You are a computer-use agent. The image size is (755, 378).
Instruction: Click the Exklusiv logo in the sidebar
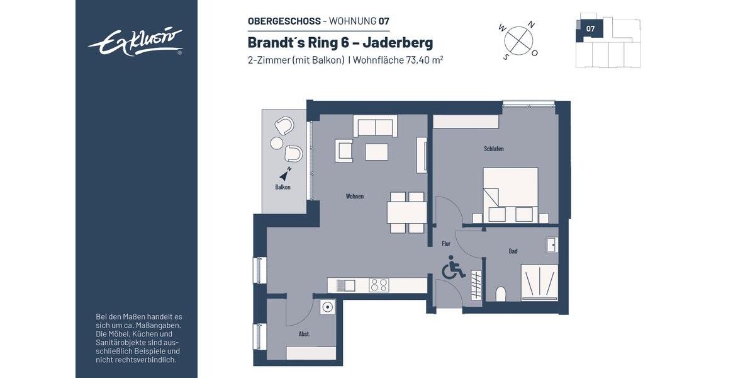[x=136, y=42]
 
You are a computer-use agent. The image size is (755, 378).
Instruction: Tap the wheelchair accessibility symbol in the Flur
[x=452, y=268]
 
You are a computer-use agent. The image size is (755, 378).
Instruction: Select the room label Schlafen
[x=493, y=149]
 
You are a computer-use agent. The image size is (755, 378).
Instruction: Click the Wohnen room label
[x=354, y=196]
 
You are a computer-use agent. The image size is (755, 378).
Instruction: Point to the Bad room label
[x=513, y=251]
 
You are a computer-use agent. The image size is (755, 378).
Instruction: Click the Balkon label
[x=282, y=187]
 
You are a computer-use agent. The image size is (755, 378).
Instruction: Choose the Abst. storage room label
[x=304, y=334]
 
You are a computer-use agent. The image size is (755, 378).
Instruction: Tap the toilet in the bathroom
[x=501, y=294]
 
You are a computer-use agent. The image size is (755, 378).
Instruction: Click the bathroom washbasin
[x=552, y=244]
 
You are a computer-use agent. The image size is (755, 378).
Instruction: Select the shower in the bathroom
[x=539, y=282]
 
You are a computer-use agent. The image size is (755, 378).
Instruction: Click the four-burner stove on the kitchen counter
[x=379, y=285]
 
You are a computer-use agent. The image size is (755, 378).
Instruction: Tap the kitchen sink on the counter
[x=345, y=285]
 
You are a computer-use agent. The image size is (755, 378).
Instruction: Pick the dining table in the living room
[x=406, y=213]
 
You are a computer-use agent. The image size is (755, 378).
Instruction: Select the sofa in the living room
[x=375, y=126]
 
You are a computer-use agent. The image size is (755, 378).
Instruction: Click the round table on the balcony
[x=276, y=144]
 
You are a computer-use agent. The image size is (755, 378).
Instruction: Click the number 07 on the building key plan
[x=590, y=28]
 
